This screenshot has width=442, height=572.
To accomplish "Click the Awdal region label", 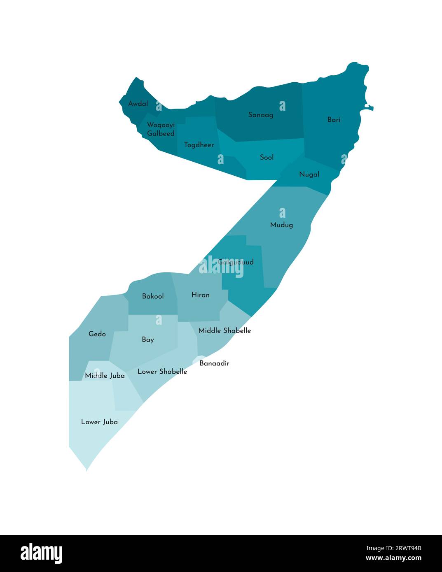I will click(138, 104).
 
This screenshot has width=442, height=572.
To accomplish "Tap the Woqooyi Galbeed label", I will click(161, 129).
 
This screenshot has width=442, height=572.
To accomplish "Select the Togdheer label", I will click(199, 145).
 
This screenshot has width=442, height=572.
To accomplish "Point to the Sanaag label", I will click(261, 115).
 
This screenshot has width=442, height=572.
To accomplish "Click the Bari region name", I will click(334, 120).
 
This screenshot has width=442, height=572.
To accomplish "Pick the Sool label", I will click(267, 157).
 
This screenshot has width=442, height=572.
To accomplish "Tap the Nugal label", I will click(309, 174).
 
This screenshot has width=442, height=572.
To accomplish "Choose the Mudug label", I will click(282, 225).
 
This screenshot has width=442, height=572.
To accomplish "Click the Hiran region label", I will click(201, 295).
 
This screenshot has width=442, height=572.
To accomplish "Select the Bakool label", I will click(153, 296).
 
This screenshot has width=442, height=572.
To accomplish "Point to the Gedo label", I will click(97, 334).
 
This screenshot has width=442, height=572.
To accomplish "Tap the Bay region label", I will click(148, 339).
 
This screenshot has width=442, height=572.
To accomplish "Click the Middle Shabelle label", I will click(225, 330).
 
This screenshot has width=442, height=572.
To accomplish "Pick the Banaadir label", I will click(214, 363).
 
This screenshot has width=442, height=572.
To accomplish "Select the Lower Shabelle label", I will click(162, 372).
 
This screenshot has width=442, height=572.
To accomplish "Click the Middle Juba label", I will click(105, 376).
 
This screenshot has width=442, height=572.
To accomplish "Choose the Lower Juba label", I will click(99, 422).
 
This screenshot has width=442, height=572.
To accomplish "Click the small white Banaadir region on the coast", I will click(199, 359).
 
